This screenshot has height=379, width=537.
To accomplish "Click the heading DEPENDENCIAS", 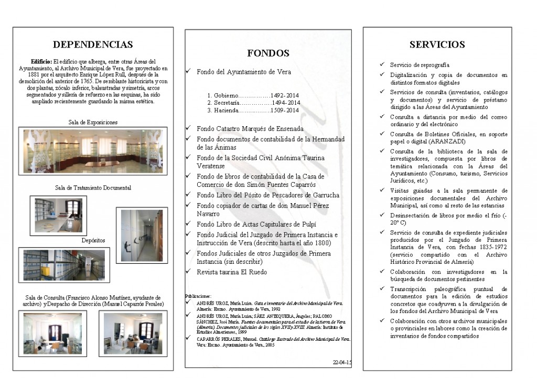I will pos(93,44).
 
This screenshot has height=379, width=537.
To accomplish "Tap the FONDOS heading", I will pos(268,53).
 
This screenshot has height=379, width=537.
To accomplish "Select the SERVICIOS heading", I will pos(437,44).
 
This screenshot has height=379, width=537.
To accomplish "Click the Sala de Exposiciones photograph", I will pos(93,151).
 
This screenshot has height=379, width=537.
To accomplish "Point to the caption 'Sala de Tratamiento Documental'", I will pos(93,187).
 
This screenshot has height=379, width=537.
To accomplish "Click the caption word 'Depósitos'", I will pos(93,240).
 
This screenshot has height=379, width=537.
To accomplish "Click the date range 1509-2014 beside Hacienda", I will pos(285,110).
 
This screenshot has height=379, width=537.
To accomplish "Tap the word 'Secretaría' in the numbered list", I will pos(227,104).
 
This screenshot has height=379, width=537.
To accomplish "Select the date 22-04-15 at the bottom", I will pos(342,362).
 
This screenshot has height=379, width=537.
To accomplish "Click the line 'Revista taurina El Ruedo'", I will pos(232,272).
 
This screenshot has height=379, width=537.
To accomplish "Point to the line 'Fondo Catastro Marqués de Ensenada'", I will pos(250,128).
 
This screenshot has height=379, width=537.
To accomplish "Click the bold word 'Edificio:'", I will pos(41,61).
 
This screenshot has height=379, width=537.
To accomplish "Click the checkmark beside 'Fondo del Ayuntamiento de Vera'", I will pos(189,72).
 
